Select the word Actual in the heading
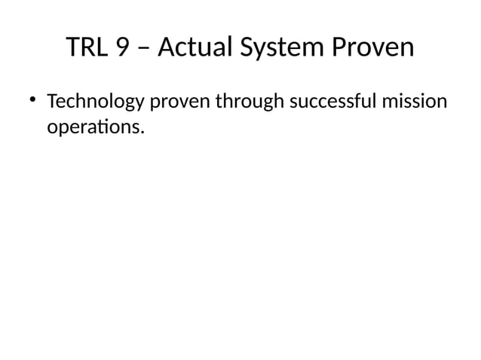click(x=195, y=47)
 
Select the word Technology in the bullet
click(x=99, y=101)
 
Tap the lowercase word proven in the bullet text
click(x=183, y=101)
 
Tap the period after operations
click(x=141, y=132)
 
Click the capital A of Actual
click(x=167, y=47)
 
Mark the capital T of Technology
click(x=51, y=100)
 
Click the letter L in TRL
click(x=103, y=47)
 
